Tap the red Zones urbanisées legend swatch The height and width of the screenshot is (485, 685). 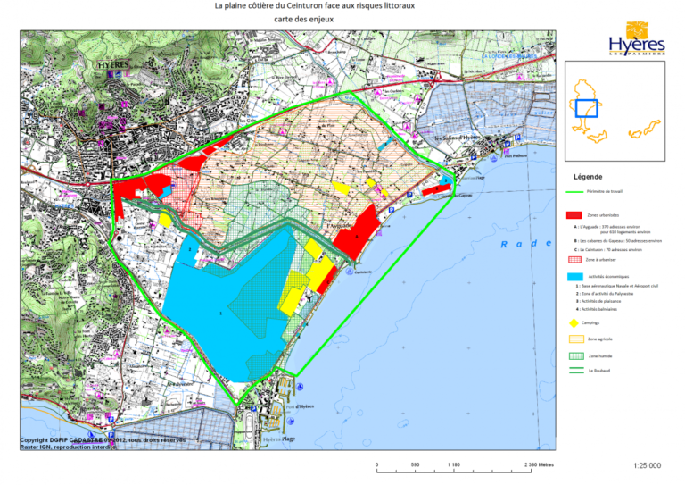tap(574, 215)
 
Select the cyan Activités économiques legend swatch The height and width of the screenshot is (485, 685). tap(574, 277)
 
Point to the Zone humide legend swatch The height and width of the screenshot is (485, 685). tap(574, 355)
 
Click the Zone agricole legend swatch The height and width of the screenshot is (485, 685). tap(574, 339)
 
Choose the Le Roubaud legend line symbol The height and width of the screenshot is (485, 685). tap(574, 370)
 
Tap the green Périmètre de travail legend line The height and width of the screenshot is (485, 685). tap(574, 191)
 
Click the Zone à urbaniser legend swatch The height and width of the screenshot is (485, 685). tap(574, 259)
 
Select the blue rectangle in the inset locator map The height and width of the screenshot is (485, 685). tap(586, 108)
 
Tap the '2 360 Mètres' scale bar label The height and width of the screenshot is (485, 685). tap(536, 464)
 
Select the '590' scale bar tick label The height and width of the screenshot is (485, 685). tap(415, 464)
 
